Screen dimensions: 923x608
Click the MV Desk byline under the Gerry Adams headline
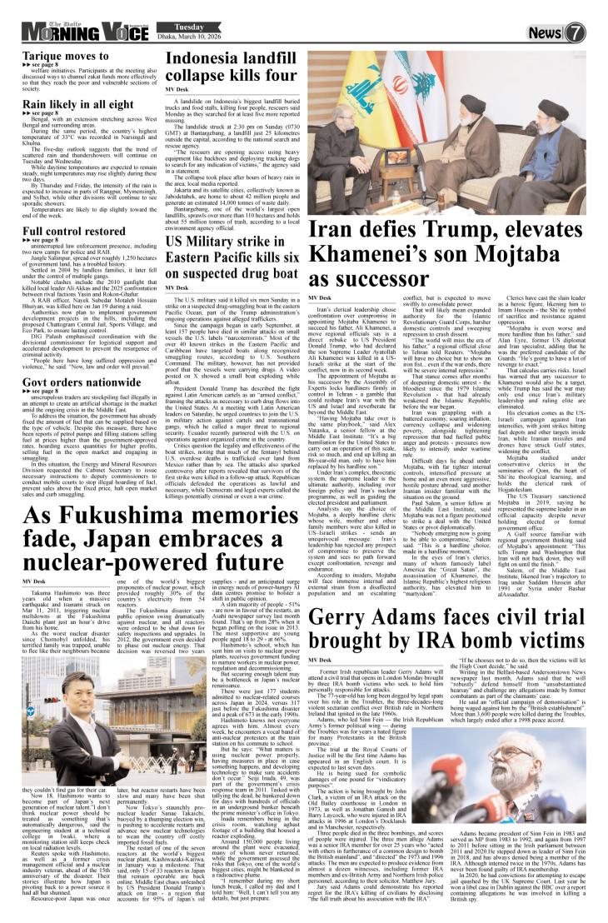(319, 660)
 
